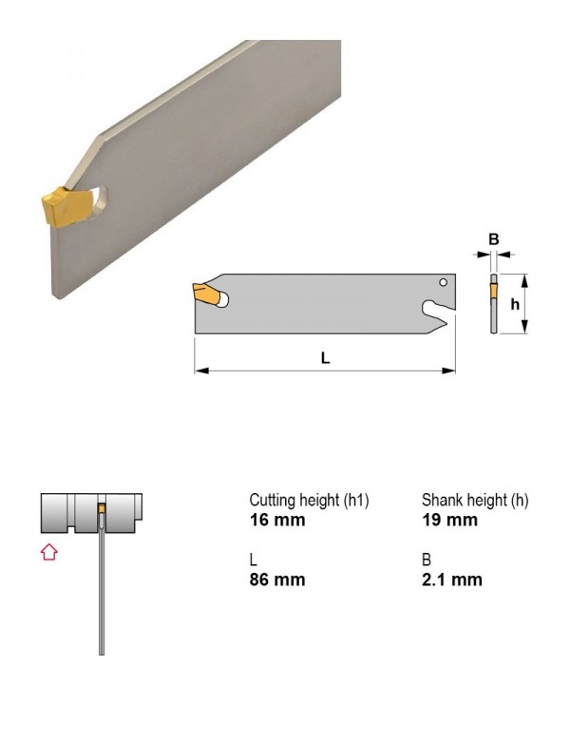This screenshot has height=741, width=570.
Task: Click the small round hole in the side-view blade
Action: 443,282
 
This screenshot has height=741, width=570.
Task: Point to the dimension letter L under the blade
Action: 325,358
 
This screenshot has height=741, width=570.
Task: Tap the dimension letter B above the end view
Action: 493,239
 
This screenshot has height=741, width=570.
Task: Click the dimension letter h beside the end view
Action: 515,305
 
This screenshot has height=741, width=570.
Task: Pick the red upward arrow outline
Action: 49,552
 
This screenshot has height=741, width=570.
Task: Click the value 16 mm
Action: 277,520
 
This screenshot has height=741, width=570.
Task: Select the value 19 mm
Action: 449,520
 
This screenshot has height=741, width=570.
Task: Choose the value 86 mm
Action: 277,579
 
